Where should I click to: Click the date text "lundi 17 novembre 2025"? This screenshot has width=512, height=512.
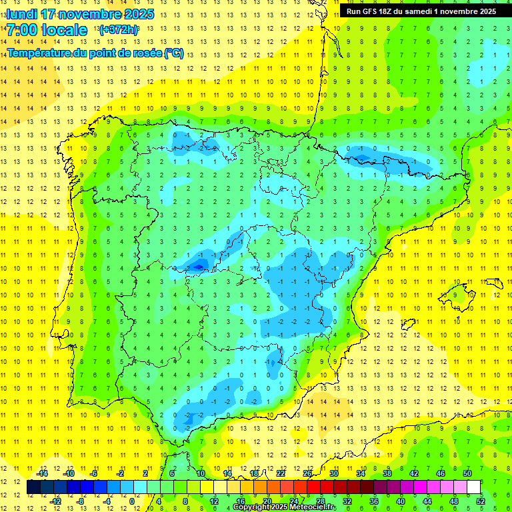click(x=80, y=14)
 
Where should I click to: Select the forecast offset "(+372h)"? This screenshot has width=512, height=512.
click(x=119, y=30)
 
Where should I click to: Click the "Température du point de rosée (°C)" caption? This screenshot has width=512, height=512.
click(x=95, y=53)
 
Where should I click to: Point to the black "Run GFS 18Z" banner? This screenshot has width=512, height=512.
click(x=421, y=11)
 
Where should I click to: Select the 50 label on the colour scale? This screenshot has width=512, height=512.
click(x=467, y=473)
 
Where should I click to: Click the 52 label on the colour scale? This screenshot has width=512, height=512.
click(x=481, y=501)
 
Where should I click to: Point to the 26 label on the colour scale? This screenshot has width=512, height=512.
click(x=307, y=473)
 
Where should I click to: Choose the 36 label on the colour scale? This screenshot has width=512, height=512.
click(x=374, y=501)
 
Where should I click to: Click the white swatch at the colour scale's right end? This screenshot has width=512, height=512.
click(x=474, y=487)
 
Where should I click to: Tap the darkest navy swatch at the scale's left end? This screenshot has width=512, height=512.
click(x=34, y=487)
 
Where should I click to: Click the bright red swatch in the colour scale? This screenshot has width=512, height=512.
click(x=314, y=487)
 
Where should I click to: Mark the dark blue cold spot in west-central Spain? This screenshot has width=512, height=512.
click(x=197, y=267)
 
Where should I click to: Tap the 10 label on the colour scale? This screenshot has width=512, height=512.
click(x=201, y=473)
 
